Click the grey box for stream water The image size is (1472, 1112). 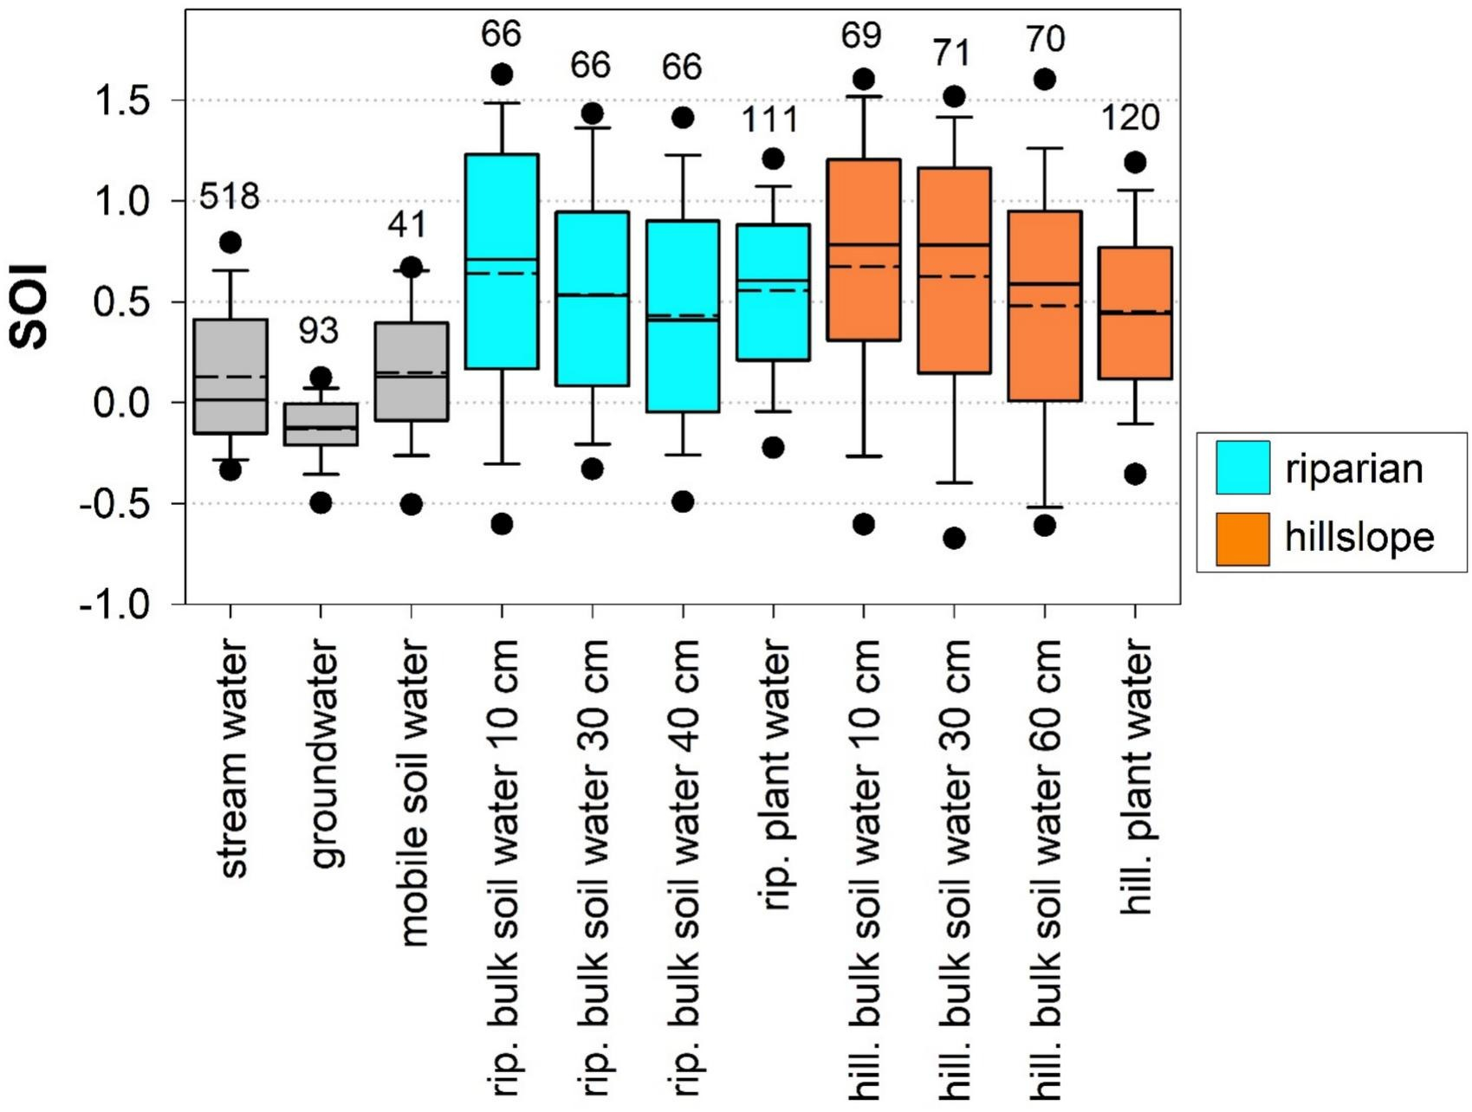pyautogui.click(x=230, y=376)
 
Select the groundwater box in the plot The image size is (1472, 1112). pyautogui.click(x=321, y=424)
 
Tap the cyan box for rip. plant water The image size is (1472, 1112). pyautogui.click(x=773, y=292)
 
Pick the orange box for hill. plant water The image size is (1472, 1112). pyautogui.click(x=1135, y=313)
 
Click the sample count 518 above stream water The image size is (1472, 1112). pyautogui.click(x=230, y=197)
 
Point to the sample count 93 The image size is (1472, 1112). pyautogui.click(x=319, y=330)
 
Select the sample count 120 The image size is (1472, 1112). pyautogui.click(x=1131, y=118)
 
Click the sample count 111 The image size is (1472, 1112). pyautogui.click(x=770, y=120)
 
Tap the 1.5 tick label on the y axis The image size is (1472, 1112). pyautogui.click(x=122, y=101)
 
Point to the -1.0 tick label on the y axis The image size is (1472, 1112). pyautogui.click(x=115, y=604)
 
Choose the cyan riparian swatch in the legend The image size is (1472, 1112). pyautogui.click(x=1242, y=468)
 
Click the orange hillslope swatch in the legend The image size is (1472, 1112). pyautogui.click(x=1242, y=539)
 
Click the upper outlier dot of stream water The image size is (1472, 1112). pyautogui.click(x=230, y=242)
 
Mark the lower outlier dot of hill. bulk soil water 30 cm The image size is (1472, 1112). pyautogui.click(x=954, y=539)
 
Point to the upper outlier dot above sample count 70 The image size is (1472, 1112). pyautogui.click(x=1045, y=80)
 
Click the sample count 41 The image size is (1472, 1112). pyautogui.click(x=407, y=225)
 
